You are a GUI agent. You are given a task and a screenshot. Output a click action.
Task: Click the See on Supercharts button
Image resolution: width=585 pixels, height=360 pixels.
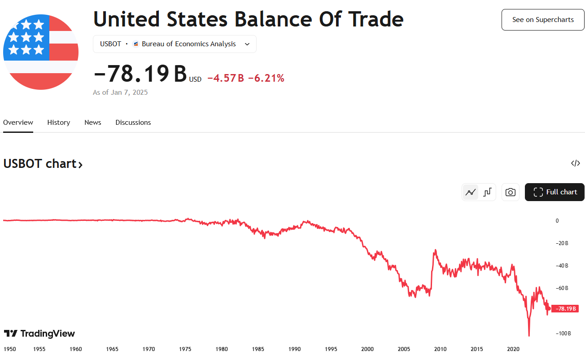pyautogui.click(x=543, y=20)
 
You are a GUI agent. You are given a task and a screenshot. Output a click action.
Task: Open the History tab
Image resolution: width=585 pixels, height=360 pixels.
pyautogui.click(x=59, y=123)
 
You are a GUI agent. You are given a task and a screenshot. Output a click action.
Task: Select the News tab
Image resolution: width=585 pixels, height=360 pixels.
pyautogui.click(x=93, y=123)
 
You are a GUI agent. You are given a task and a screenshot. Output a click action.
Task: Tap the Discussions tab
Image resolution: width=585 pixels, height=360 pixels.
pyautogui.click(x=133, y=123)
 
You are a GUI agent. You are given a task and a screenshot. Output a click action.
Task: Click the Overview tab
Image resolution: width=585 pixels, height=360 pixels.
pyautogui.click(x=18, y=123)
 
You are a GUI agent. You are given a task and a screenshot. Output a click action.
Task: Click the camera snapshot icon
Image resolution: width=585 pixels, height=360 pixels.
pyautogui.click(x=510, y=192)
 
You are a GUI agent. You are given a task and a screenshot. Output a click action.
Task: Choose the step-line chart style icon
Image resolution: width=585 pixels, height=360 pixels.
pyautogui.click(x=487, y=192)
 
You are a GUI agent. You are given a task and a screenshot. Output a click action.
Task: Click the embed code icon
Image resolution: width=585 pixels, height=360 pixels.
pyautogui.click(x=576, y=163)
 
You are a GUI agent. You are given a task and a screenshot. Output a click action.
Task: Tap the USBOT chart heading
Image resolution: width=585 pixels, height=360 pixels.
pyautogui.click(x=43, y=164)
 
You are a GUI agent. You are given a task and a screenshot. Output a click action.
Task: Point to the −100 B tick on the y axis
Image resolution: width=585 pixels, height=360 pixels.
pyautogui.click(x=563, y=334)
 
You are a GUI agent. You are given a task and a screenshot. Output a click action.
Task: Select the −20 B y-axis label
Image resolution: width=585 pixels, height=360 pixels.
pyautogui.click(x=562, y=243)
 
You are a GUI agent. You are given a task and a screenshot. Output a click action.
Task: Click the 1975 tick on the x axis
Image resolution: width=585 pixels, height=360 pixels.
pyautogui.click(x=185, y=349)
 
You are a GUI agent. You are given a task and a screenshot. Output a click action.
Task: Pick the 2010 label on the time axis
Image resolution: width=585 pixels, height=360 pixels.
pyautogui.click(x=440, y=349)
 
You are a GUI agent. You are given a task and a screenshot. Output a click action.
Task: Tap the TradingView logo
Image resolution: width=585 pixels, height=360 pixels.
pyautogui.click(x=39, y=334)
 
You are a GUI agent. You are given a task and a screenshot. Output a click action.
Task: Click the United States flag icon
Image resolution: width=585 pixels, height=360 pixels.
pyautogui.click(x=41, y=52)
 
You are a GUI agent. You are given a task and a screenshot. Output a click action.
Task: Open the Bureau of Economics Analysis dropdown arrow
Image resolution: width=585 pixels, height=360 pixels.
pyautogui.click(x=247, y=44)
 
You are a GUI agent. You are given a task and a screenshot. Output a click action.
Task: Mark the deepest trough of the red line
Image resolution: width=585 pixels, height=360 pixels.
pyautogui.click(x=529, y=335)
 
